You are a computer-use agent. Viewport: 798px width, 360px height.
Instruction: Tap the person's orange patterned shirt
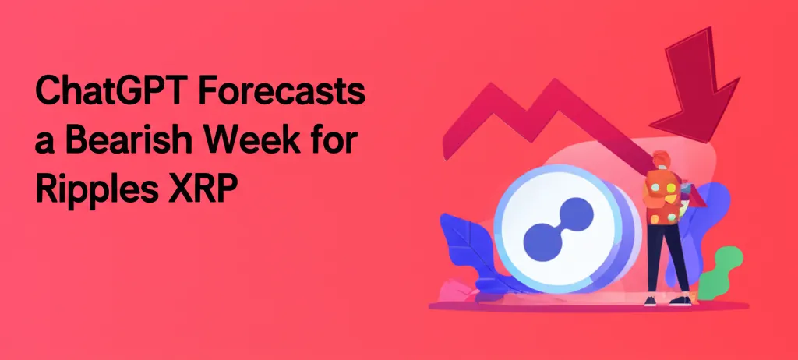662,199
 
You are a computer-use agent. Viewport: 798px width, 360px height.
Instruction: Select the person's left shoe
650,301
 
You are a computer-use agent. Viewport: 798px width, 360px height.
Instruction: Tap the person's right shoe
681,301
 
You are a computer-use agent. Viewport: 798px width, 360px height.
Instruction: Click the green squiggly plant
719,273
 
